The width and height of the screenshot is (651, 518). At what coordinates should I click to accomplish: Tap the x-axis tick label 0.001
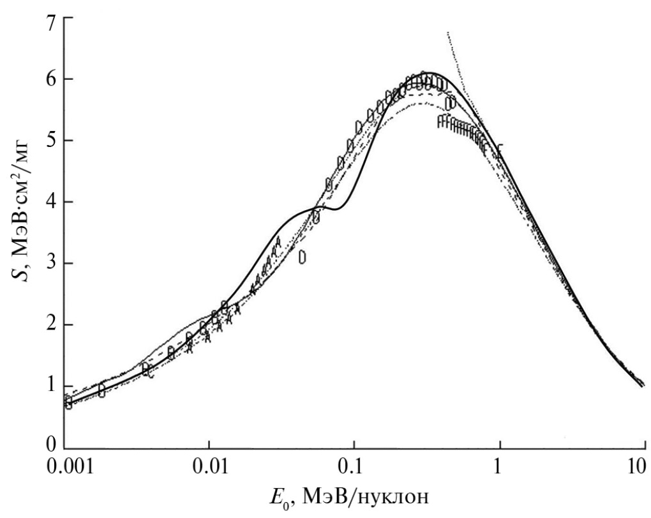68,468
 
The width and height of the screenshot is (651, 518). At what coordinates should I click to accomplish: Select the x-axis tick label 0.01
209,468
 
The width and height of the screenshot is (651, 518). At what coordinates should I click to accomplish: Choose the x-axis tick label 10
640,468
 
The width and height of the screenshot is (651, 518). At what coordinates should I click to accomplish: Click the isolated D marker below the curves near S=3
303,257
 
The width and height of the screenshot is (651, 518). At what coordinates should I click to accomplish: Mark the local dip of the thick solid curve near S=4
336,209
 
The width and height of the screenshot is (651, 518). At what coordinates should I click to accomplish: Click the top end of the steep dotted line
448,32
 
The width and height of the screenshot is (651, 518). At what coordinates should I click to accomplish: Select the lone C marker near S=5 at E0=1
501,149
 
